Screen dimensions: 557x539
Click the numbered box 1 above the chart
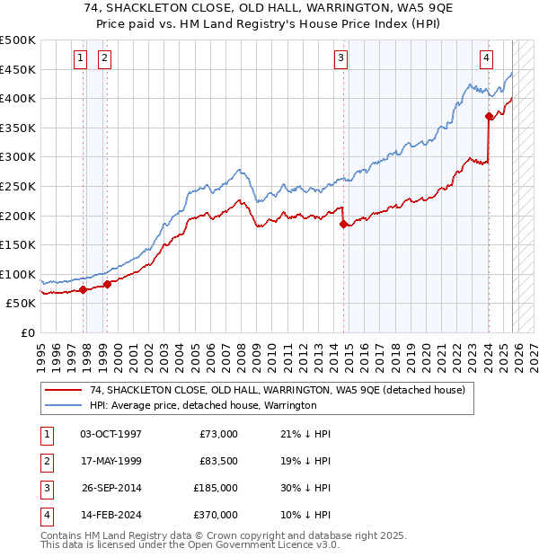click(80, 58)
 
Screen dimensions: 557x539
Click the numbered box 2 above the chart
click(104, 58)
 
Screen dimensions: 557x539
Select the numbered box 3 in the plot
click(341, 58)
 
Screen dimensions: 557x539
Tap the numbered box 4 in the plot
click(486, 58)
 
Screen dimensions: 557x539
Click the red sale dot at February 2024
click(489, 116)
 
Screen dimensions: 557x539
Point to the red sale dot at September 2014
click(344, 225)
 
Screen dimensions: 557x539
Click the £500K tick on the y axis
click(18, 40)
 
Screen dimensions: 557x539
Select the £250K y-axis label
click(18, 186)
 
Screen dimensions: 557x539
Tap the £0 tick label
click(28, 332)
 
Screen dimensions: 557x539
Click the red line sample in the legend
click(63, 391)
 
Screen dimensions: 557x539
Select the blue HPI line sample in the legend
click(63, 406)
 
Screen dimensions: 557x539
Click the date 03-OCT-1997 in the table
click(110, 434)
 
